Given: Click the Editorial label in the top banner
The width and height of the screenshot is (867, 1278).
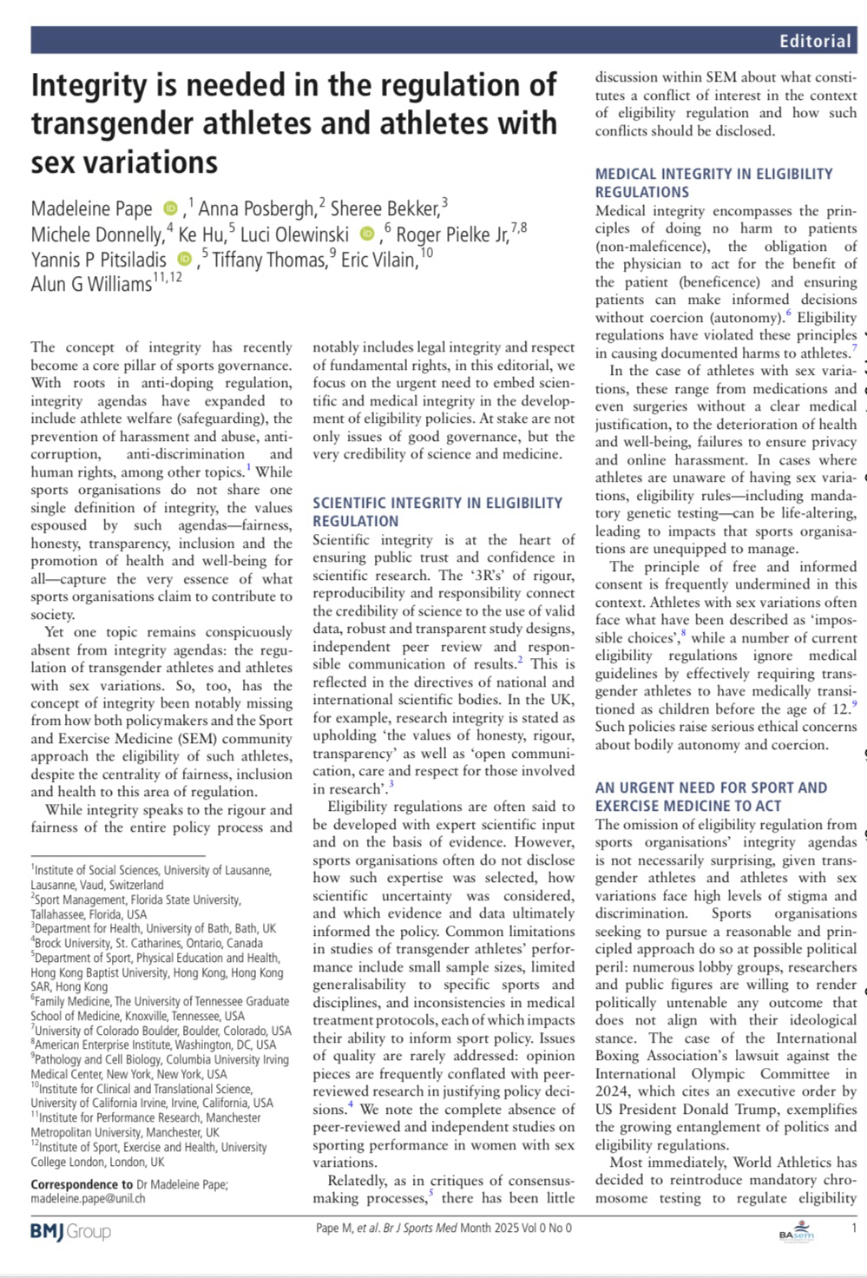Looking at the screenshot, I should tap(815, 41).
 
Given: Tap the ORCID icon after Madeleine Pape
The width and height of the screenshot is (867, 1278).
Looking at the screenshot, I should tap(170, 208).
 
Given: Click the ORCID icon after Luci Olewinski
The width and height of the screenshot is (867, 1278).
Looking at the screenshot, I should tap(367, 234).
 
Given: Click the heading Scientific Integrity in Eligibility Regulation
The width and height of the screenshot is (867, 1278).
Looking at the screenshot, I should tap(437, 511).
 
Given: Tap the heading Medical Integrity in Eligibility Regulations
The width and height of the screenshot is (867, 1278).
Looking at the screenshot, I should tap(713, 182).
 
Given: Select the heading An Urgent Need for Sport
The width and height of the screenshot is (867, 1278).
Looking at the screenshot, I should tap(711, 796).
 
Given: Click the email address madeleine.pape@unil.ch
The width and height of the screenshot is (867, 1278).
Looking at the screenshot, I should tap(88, 1198).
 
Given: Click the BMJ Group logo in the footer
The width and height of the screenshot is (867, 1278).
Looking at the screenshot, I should tap(70, 1230).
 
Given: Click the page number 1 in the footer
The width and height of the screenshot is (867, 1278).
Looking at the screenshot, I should tap(854, 1229).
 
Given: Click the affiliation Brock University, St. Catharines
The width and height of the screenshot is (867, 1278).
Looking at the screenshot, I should tap(148, 943).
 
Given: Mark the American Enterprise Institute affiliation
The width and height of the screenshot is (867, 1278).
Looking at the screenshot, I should tap(153, 1045).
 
